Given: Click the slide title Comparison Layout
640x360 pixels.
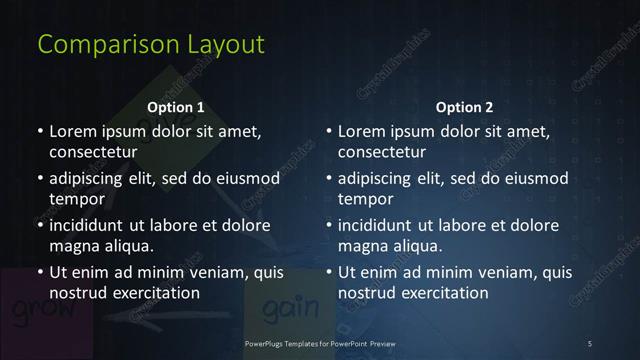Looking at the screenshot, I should (151, 45).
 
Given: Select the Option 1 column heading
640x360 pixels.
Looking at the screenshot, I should (176, 107).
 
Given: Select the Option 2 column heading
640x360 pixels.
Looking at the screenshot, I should (465, 107).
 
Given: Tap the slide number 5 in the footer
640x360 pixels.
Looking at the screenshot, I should (590, 344).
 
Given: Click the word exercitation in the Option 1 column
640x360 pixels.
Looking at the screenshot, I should (150, 293).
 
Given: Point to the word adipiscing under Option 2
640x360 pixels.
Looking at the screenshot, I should (380, 178).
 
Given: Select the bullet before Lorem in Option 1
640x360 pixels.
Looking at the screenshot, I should (40, 131).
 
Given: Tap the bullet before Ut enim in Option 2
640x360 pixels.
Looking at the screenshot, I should (329, 272).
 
